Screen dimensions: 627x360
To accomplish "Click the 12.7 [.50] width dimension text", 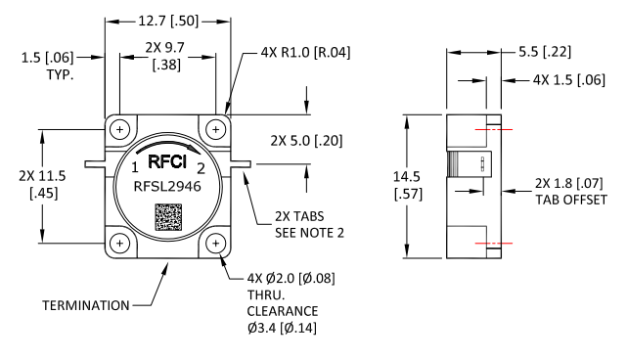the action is point(168,21).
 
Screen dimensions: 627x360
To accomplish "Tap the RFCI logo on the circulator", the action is point(167,161).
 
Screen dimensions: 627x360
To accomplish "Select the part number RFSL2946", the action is point(167,187).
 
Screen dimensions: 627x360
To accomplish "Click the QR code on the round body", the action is point(168,217).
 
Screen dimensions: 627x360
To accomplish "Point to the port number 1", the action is point(135,167).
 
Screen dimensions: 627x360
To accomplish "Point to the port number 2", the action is point(201,168).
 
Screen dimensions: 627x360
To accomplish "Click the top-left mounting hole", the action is point(119,129).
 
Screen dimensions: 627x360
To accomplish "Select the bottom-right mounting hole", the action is point(216,244).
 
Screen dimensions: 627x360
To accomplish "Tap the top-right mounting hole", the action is point(216,129).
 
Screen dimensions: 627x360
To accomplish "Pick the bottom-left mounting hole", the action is point(119,244).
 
